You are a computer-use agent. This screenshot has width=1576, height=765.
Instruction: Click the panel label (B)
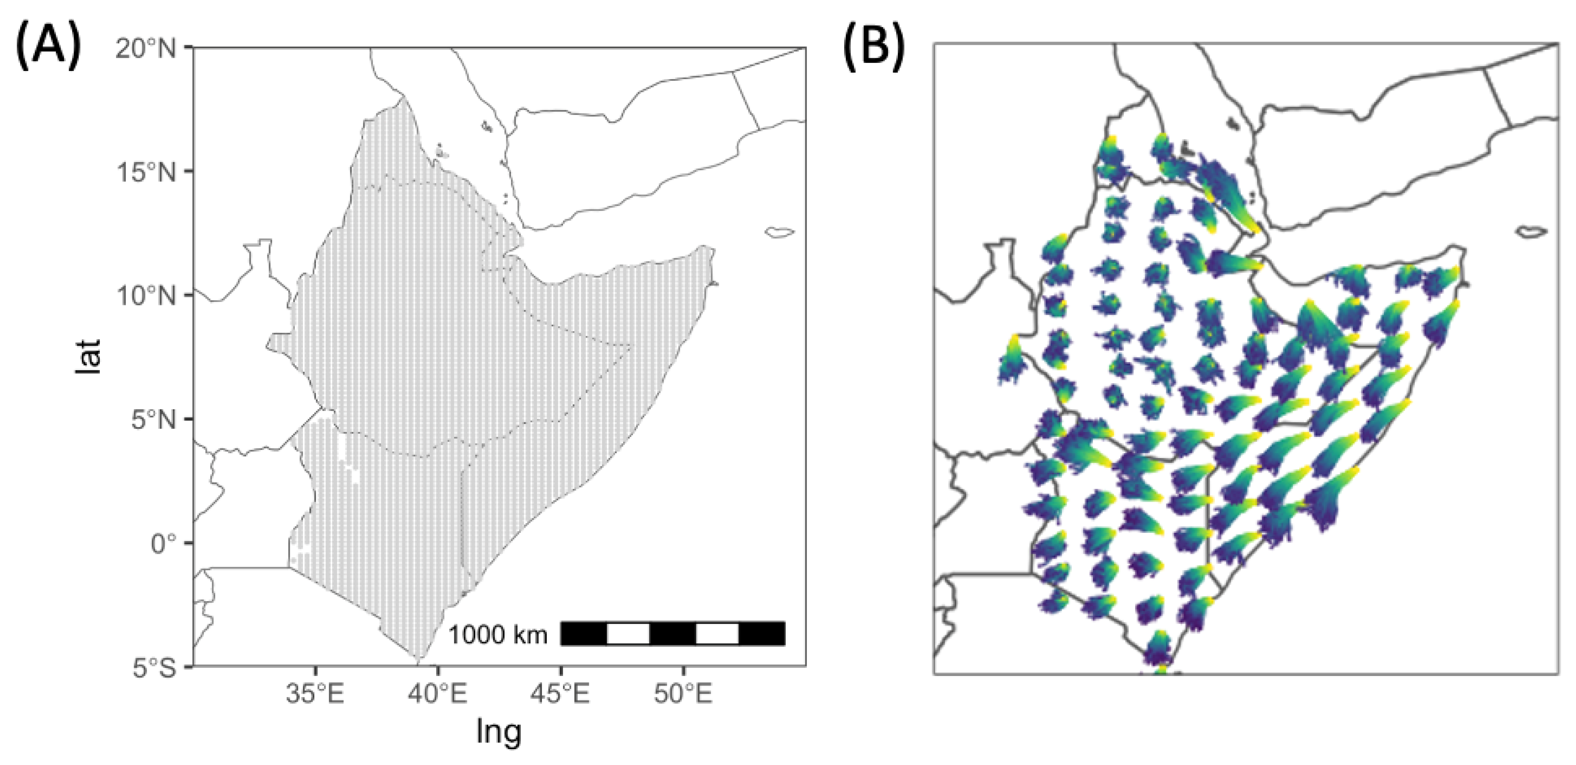tap(874, 46)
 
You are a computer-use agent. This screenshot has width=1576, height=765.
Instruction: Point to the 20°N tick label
tap(146, 48)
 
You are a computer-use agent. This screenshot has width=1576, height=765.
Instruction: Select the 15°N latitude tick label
tap(146, 172)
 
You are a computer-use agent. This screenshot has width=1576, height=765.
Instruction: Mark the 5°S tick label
tap(153, 668)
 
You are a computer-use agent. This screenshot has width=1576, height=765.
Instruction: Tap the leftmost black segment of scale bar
tap(583, 633)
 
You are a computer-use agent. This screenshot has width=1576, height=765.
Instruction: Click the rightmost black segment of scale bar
tap(762, 633)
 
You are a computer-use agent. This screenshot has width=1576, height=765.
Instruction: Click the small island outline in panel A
tap(780, 232)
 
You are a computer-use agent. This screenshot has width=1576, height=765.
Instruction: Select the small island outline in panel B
tap(1532, 231)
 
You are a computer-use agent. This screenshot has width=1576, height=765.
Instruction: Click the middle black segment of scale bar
tap(672, 633)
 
